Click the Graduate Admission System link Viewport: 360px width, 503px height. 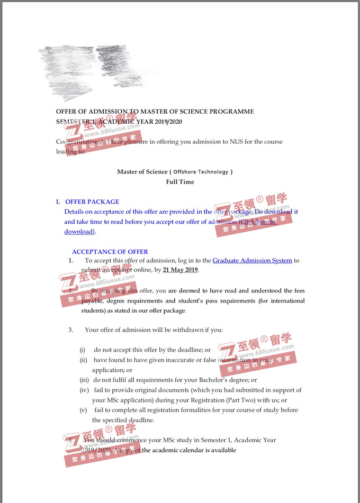coord(252,260)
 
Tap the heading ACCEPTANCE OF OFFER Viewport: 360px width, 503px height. coord(110,252)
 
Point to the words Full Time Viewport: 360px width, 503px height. coord(180,182)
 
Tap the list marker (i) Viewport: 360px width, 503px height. coord(83,350)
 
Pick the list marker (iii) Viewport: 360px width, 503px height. coord(85,380)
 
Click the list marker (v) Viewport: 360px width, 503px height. coord(83,410)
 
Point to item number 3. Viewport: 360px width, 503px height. coord(70,330)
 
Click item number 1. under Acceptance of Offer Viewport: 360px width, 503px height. coord(71,260)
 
